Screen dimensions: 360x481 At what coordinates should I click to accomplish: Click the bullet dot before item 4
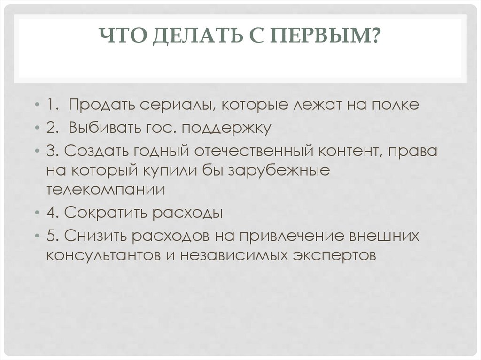(x=37, y=213)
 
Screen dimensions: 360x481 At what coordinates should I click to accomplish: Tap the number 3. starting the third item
(x=51, y=151)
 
